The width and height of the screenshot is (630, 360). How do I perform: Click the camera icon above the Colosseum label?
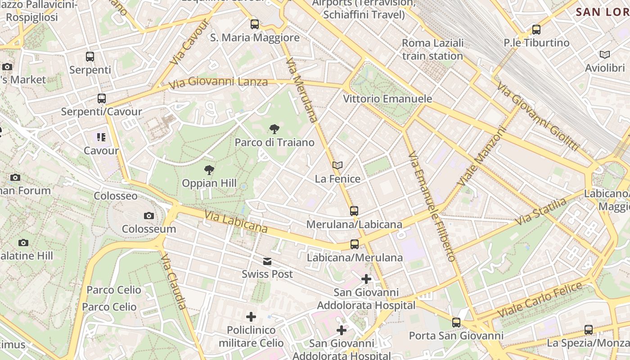click(x=149, y=216)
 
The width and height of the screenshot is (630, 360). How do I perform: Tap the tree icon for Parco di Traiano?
click(x=274, y=130)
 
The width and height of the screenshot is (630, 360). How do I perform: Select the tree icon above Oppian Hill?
click(x=209, y=170)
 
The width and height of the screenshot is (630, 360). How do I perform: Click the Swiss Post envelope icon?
click(x=267, y=261)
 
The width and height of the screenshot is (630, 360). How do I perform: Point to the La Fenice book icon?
click(x=337, y=166)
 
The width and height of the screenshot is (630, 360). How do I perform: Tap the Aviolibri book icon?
click(x=605, y=55)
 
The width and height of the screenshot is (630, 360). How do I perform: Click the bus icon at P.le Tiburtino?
click(x=536, y=30)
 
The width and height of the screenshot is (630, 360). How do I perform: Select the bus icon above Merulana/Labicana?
click(x=354, y=211)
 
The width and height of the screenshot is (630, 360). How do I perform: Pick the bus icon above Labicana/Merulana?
click(x=355, y=244)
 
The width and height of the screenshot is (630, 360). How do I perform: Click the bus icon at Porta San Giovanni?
click(x=456, y=322)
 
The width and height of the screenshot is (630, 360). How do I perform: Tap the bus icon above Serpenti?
click(x=90, y=57)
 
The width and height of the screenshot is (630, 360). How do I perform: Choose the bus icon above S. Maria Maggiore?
click(x=255, y=24)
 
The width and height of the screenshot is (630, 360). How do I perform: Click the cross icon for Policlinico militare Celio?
click(x=251, y=317)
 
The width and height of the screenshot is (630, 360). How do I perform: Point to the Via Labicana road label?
click(x=236, y=222)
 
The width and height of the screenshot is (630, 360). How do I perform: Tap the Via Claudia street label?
click(x=174, y=282)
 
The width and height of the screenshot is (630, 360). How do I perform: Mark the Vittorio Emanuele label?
click(x=387, y=99)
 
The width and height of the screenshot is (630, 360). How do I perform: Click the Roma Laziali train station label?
click(x=432, y=49)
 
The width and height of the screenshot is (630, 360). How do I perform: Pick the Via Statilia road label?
click(x=541, y=212)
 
